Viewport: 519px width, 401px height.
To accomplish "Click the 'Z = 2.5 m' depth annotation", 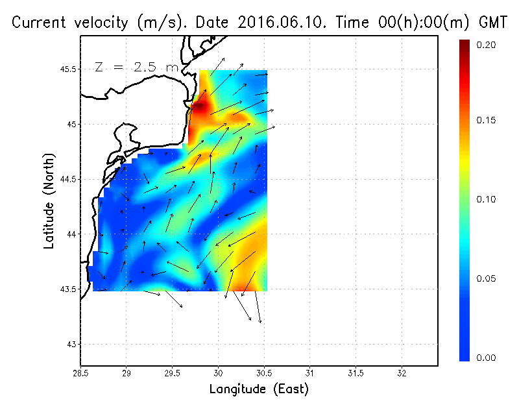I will point(136,66).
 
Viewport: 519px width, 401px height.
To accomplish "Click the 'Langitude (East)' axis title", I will point(259,389).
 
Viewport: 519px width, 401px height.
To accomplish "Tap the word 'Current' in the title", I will point(40,23).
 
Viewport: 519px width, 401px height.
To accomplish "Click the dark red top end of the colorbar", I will point(465,44).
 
